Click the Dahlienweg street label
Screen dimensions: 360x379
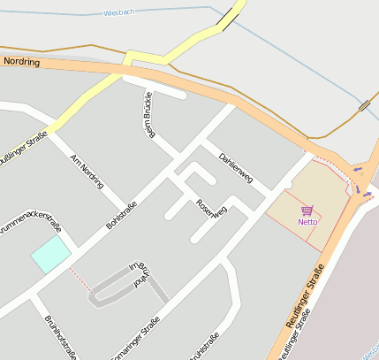coord(236,165)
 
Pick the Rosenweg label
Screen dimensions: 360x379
coord(212,208)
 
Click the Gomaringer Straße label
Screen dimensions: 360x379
coord(137,337)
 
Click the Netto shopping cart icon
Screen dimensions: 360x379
coord(307,211)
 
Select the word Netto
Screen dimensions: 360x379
coord(307,222)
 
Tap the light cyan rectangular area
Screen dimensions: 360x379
coord(50,256)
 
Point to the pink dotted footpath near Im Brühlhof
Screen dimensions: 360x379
coord(80,281)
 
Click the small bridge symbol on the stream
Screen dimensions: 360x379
coord(364,106)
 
